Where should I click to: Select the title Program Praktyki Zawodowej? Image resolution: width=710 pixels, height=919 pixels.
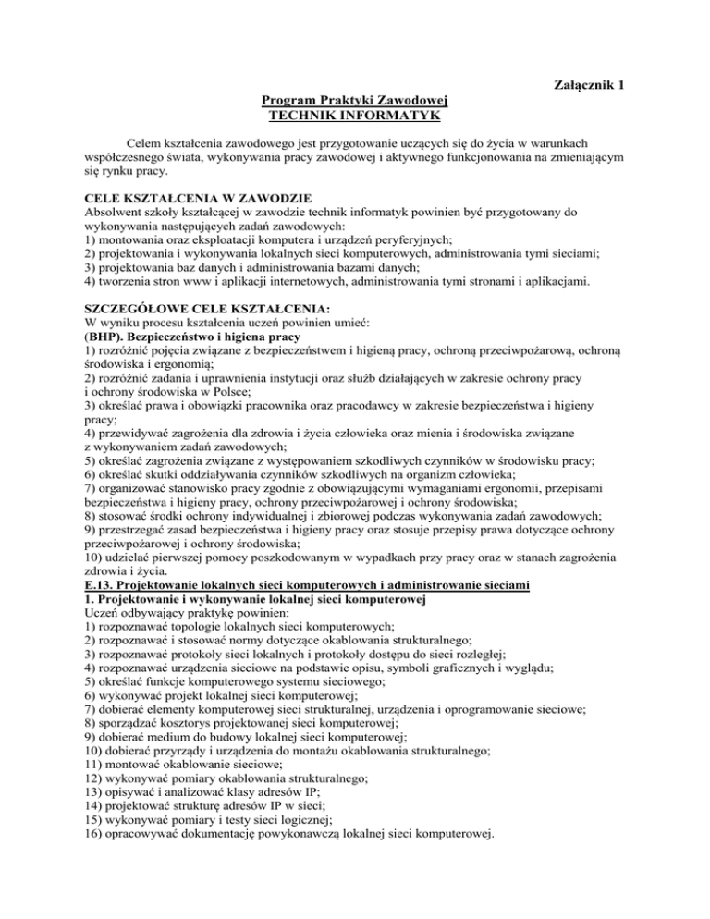[354, 101]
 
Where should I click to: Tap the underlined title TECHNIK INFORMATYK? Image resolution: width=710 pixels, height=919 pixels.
[354, 116]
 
